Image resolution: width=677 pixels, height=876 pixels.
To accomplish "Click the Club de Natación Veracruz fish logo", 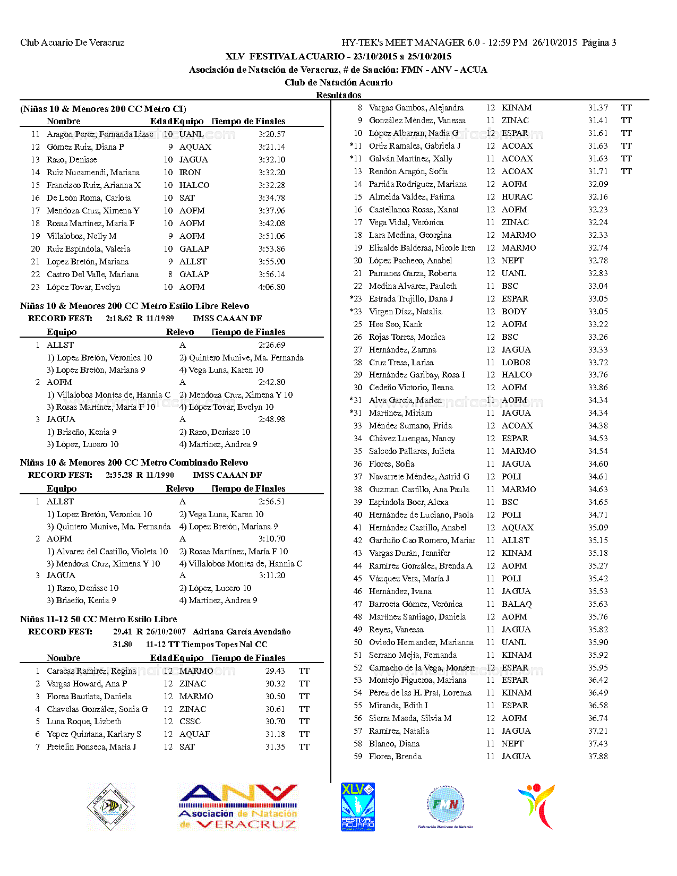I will click(x=111, y=807).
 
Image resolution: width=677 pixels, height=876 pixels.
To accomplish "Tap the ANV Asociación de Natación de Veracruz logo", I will click(x=237, y=807).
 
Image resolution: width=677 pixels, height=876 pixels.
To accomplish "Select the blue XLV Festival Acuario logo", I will click(x=357, y=807).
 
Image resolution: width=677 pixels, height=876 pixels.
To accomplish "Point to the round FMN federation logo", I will click(x=445, y=805).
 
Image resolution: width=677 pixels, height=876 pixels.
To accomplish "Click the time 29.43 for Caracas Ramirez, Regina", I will click(x=275, y=671).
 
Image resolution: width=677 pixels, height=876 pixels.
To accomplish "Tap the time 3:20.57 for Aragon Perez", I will click(x=272, y=134).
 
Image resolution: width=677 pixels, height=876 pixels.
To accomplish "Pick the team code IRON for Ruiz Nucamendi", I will click(x=190, y=173).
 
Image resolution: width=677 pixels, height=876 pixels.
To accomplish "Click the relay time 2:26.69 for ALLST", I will click(x=272, y=345).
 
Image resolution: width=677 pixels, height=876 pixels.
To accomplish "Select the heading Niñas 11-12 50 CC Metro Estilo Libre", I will click(x=99, y=619).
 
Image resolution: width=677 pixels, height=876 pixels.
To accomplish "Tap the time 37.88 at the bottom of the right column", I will click(x=598, y=757).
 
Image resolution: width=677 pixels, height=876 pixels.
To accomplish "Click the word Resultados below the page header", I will click(x=338, y=95).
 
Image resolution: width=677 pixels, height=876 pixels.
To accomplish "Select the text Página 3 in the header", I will click(x=599, y=42).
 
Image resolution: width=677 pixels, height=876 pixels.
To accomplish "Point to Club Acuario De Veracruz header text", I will click(x=72, y=42).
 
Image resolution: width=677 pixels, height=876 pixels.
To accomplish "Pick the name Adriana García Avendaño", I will click(x=242, y=632).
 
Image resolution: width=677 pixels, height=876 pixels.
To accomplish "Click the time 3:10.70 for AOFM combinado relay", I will click(x=272, y=539).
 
